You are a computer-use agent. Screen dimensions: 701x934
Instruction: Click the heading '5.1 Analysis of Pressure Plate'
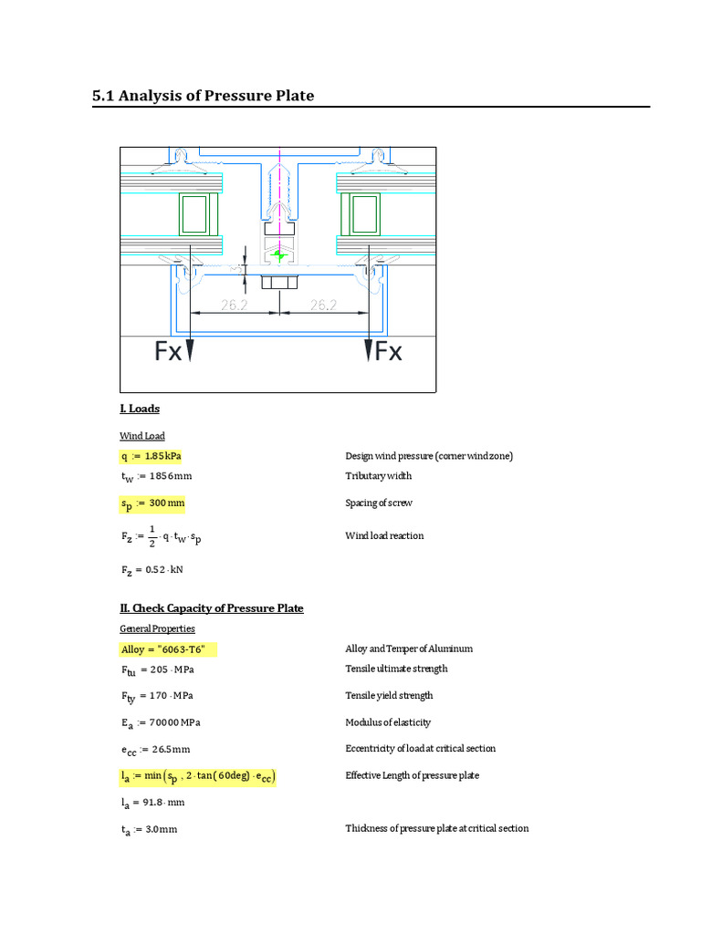pos(204,95)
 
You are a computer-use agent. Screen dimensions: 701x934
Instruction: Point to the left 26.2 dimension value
pos(234,306)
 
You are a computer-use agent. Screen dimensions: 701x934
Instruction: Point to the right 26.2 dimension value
pos(323,306)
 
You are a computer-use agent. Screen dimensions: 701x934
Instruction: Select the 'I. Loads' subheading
pos(140,409)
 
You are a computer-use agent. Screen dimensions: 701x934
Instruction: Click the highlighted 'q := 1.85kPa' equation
pos(156,456)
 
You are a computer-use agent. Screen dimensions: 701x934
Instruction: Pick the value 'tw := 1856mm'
pos(156,476)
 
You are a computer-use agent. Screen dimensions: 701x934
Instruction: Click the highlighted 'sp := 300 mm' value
pos(153,503)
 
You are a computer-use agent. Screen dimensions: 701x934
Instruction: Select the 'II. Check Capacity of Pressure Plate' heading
pos(212,608)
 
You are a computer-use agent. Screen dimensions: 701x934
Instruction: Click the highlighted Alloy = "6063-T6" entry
pos(170,649)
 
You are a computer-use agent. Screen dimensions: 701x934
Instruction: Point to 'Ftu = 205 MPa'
pos(157,669)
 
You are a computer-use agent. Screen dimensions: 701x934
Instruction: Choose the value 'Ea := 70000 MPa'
pos(161,723)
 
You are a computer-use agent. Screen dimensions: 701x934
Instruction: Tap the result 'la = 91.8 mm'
pos(152,803)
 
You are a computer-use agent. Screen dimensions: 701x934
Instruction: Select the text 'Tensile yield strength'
pos(389,696)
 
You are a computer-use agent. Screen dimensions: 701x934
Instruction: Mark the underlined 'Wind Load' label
pos(142,436)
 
